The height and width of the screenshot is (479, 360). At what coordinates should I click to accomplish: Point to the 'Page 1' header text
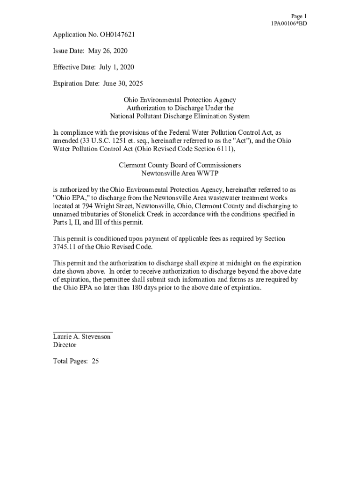[299, 16]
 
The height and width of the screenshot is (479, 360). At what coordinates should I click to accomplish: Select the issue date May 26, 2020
[108, 51]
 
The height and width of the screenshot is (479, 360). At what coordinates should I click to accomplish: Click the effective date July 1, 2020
[116, 67]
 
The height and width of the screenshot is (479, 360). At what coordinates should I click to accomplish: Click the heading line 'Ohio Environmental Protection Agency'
[180, 100]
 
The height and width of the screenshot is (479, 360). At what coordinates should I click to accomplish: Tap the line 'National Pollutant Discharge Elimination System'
[180, 116]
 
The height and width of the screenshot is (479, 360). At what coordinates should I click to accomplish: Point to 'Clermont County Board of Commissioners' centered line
[180, 166]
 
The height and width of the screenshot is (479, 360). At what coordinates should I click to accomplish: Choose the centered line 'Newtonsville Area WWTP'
[180, 174]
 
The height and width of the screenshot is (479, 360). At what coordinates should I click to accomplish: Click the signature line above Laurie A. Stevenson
[83, 331]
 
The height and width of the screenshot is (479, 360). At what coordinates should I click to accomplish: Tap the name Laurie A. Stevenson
[82, 337]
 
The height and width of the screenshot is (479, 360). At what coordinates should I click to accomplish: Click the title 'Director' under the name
[65, 345]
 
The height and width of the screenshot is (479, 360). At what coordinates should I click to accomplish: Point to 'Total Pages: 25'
[76, 361]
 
